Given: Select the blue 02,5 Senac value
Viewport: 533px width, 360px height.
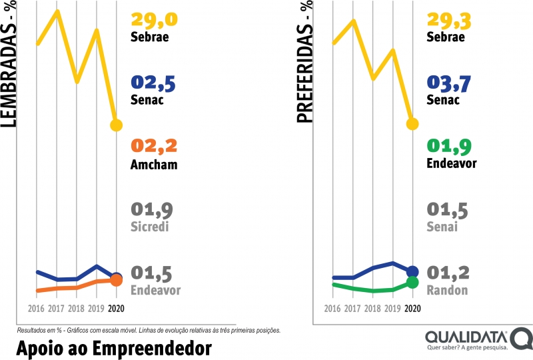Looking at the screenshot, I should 153,83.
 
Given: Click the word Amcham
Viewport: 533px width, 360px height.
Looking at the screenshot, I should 154,165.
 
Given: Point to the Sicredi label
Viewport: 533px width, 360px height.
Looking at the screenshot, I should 151,227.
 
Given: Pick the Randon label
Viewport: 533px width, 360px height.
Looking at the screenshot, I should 447,290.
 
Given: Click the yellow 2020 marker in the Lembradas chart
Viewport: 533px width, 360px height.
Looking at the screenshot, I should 116,125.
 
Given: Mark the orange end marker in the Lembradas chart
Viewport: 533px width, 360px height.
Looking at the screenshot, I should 116,281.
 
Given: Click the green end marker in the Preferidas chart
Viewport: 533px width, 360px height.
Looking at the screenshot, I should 412,282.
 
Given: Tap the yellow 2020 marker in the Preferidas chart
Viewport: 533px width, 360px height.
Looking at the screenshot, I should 412,123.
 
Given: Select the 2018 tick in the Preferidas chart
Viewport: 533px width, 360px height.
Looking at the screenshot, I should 373,309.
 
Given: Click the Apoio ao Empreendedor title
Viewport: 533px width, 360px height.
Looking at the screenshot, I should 113,348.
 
